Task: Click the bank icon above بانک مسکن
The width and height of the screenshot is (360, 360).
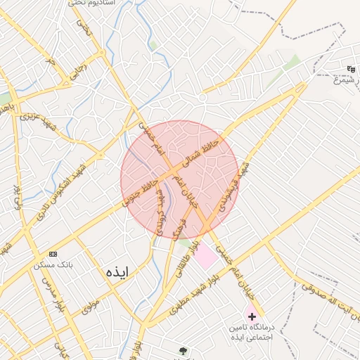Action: [52, 253]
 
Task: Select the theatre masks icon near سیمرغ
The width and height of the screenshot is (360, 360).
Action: [351, 69]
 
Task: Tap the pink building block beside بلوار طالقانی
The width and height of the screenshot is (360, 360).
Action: [205, 256]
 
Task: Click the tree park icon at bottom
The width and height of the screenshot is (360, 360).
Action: [184, 351]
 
